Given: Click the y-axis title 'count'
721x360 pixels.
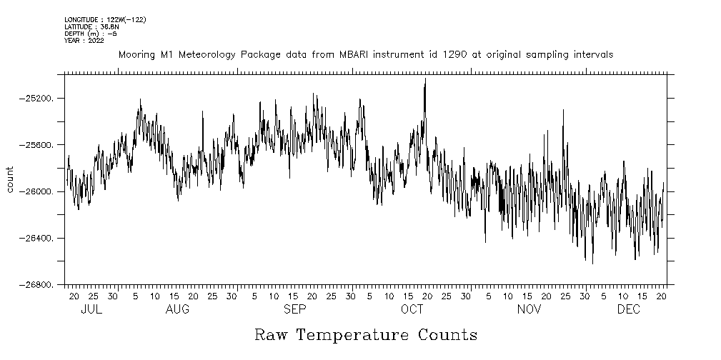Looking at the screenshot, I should [10, 179].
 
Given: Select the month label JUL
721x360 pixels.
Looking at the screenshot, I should [91, 310].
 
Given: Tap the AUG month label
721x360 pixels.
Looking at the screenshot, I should [177, 310].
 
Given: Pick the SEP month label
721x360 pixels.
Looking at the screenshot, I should [294, 310].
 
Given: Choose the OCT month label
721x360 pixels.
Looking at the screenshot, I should [412, 310].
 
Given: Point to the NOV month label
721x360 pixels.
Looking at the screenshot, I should [529, 310].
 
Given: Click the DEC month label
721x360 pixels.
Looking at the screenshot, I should [629, 310].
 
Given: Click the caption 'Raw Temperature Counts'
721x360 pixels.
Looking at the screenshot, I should [365, 335].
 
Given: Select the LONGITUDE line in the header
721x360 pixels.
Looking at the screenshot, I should [105, 19].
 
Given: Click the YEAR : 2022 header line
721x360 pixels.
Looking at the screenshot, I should [84, 41].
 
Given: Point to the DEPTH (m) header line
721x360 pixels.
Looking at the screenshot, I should [90, 34].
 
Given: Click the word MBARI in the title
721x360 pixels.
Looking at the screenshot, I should [357, 55].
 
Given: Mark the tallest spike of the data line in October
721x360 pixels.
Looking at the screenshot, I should [425, 80].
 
